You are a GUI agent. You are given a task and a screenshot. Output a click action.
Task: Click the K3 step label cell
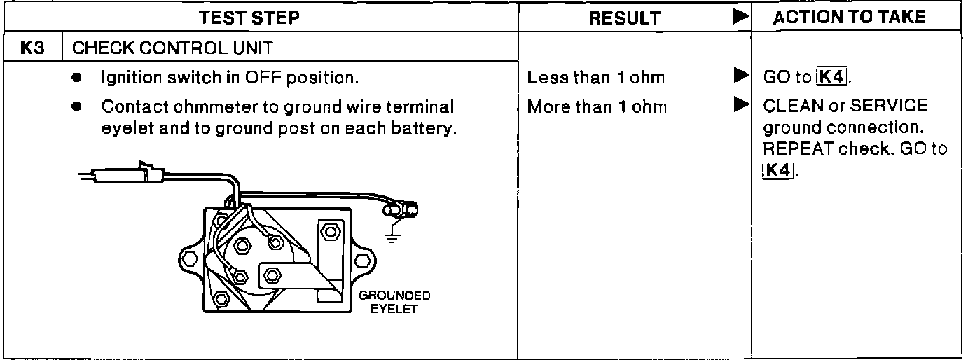coord(33,48)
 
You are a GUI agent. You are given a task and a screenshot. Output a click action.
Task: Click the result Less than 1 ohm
coord(595,78)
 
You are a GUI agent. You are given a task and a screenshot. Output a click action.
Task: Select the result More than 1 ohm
coord(597,107)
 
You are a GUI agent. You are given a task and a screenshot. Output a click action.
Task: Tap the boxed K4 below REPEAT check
coord(777,169)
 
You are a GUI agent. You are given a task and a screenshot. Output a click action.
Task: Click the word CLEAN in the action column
coord(787,107)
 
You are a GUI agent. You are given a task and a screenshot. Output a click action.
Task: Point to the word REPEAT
coord(791,148)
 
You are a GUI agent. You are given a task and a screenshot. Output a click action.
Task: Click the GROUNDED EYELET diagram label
coord(394,303)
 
